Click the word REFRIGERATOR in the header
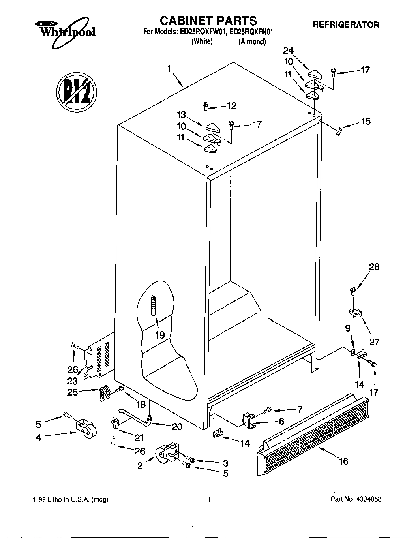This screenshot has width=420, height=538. click(346, 25)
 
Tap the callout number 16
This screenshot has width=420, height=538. click(343, 461)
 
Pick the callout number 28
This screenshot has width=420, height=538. click(374, 267)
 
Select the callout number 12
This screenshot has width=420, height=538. click(231, 106)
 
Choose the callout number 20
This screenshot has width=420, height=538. click(177, 427)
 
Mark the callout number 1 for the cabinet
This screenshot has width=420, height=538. click(169, 69)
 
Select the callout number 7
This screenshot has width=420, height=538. click(300, 409)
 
